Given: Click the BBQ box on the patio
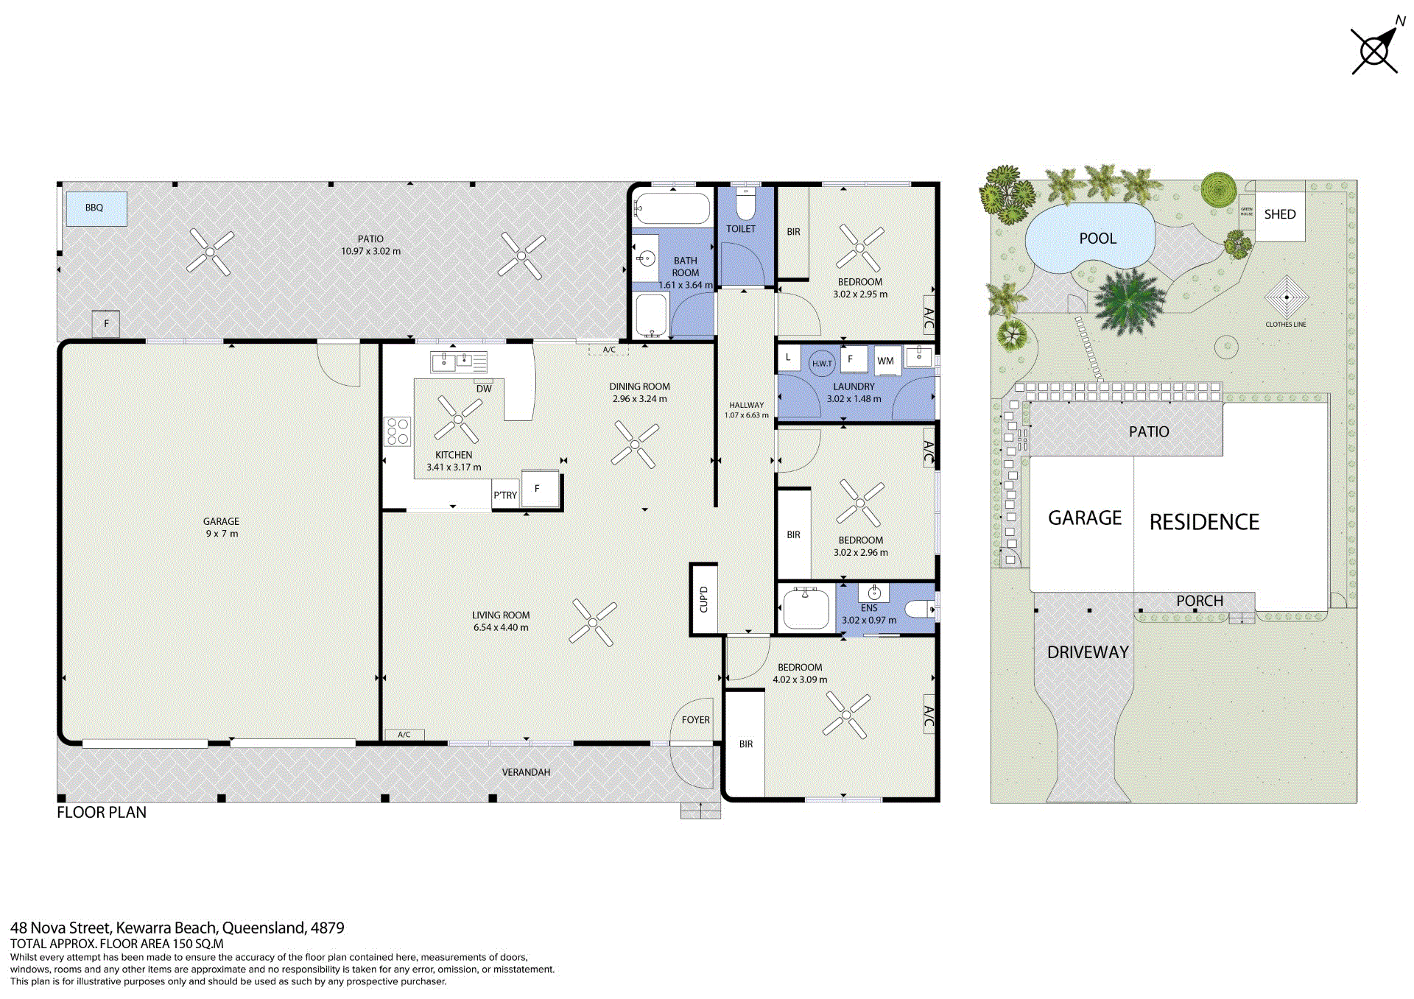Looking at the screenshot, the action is point(96,208).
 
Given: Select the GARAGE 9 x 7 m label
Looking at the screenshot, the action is point(222,527).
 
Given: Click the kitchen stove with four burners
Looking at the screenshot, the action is point(398,431).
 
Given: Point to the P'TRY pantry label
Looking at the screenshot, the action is point(505,495).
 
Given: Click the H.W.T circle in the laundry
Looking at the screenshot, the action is point(822,363).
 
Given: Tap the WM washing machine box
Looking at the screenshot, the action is point(886,361).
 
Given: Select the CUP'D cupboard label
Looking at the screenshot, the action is point(703,599).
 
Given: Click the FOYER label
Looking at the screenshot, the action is point(696,720).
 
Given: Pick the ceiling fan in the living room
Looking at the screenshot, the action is point(594,623).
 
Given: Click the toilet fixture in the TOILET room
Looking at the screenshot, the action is point(745,203).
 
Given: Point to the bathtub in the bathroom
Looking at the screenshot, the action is point(672,208).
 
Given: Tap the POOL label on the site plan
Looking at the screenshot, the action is point(1097,239).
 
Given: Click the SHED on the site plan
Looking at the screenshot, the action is point(1280,215).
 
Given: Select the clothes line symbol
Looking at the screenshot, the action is point(1286,297).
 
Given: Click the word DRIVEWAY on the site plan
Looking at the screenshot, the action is point(1088,652).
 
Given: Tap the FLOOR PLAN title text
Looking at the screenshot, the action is point(102,812).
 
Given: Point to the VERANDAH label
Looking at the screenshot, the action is point(526,772).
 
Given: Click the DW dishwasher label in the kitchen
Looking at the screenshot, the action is point(484,389).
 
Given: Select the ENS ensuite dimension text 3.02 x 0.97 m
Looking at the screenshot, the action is point(869,620).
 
